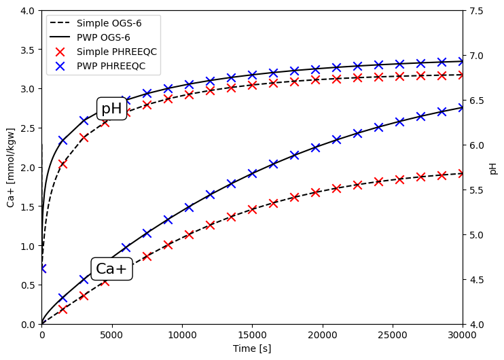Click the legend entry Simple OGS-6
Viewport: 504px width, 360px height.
point(109,23)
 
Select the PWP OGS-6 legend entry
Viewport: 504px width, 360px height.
point(103,37)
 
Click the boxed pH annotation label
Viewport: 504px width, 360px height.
point(111,109)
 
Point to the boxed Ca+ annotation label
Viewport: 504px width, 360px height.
point(111,269)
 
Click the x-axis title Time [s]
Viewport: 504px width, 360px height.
point(252,348)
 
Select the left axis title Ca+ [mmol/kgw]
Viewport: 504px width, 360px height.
point(11,167)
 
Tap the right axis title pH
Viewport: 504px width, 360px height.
point(493,168)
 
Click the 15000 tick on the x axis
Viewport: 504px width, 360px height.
point(252,334)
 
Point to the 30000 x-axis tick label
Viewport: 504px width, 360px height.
point(463,334)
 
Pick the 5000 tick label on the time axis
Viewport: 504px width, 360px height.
point(111,334)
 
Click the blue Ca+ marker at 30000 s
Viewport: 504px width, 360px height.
point(463,107)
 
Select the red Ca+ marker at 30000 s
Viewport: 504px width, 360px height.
point(463,174)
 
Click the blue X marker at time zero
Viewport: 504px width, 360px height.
point(41,268)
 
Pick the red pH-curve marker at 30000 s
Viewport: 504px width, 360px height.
point(463,75)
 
